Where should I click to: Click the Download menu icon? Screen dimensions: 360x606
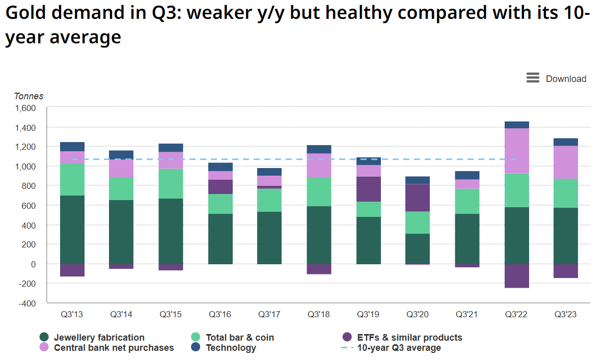click(x=533, y=78)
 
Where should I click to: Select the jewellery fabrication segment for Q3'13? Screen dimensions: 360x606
click(x=72, y=229)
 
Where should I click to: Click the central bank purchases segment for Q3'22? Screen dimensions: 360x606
click(x=516, y=151)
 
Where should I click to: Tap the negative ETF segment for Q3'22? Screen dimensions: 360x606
click(x=516, y=276)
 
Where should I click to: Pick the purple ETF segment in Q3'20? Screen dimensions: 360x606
click(x=418, y=198)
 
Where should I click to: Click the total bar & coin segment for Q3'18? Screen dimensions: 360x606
click(x=319, y=191)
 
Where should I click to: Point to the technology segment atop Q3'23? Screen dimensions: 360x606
click(x=566, y=142)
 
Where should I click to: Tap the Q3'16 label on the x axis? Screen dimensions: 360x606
click(x=220, y=315)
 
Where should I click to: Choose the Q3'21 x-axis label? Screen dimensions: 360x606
click(x=467, y=315)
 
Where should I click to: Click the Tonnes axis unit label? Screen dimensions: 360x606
click(x=29, y=96)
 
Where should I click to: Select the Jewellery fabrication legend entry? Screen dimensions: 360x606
click(x=99, y=338)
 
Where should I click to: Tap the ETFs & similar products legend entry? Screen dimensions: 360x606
click(x=409, y=338)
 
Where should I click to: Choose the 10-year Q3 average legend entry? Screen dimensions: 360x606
click(x=399, y=348)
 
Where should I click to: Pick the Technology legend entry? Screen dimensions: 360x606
click(x=231, y=348)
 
